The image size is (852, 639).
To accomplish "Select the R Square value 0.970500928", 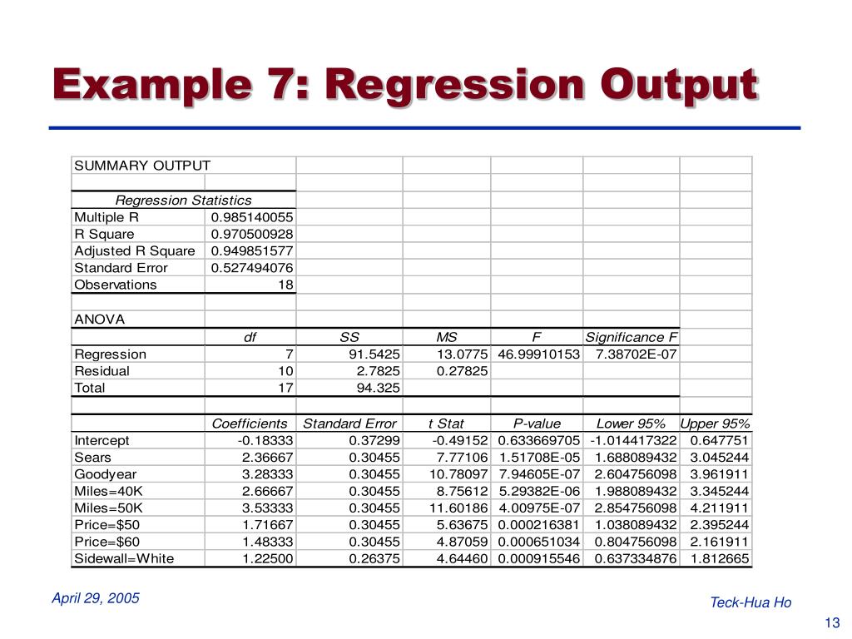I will pos(251,234).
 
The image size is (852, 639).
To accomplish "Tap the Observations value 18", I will pos(285,285).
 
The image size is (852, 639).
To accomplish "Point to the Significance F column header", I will pos(632,337).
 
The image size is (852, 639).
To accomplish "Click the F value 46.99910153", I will pos(538,354).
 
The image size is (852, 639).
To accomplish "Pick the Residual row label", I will pos(102,371).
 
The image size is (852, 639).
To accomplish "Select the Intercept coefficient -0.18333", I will pos(265,440).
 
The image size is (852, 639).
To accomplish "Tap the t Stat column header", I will pos(446,424).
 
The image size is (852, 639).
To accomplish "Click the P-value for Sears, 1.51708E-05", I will pos(538,458).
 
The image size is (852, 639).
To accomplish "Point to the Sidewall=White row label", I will pos(124,558).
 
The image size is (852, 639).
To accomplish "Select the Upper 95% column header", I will pos(715,424).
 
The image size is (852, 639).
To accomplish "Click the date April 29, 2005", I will pos(96,598).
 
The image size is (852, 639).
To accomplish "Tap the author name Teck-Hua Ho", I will pos(750,602).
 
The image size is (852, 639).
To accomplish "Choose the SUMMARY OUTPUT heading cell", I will pos(142,165).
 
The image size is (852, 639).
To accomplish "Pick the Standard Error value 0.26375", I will pos(374,558).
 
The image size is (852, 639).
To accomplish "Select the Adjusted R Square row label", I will pos(135,250).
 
